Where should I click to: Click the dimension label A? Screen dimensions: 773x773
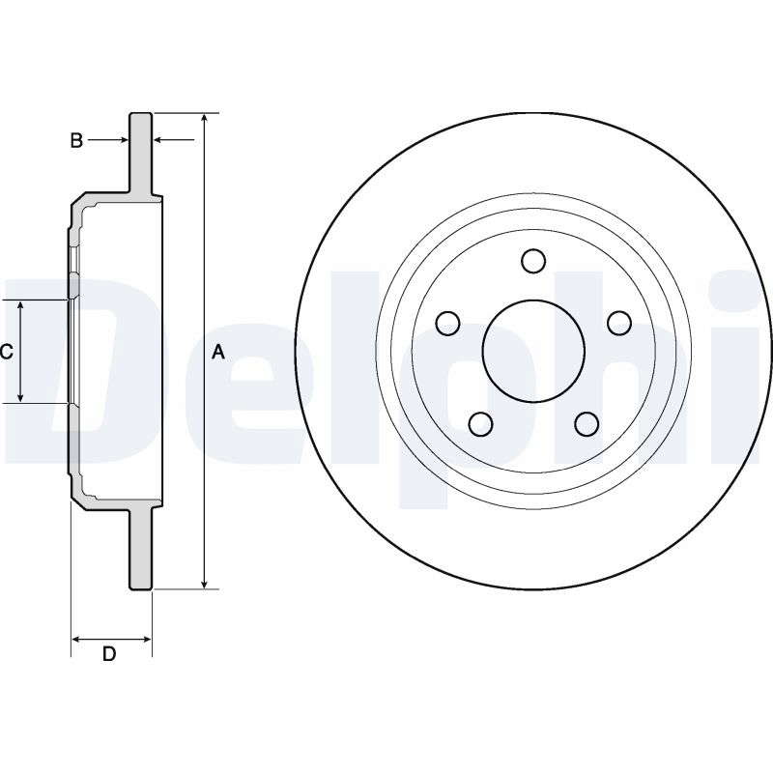pyautogui.click(x=218, y=352)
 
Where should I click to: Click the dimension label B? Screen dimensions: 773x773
pyautogui.click(x=76, y=140)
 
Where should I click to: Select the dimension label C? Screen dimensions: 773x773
pyautogui.click(x=6, y=352)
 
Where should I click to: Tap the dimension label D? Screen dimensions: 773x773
pyautogui.click(x=109, y=654)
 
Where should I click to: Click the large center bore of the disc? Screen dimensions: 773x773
pyautogui.click(x=533, y=351)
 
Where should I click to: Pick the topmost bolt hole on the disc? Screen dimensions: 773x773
pyautogui.click(x=533, y=261)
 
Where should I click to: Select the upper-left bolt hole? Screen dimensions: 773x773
pyautogui.click(x=448, y=324)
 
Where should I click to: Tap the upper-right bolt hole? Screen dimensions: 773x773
pyautogui.click(x=619, y=323)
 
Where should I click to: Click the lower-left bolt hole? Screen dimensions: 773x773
pyautogui.click(x=480, y=423)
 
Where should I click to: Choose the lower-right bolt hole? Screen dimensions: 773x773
pyautogui.click(x=587, y=423)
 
